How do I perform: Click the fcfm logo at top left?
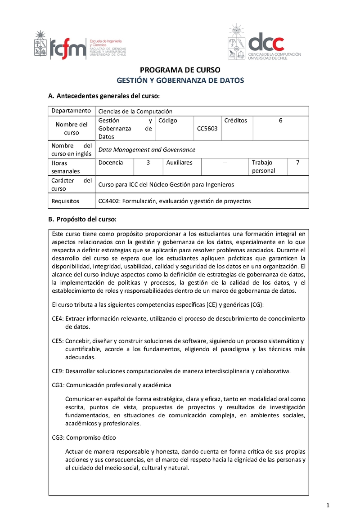(80, 45)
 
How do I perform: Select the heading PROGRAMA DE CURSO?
(180, 70)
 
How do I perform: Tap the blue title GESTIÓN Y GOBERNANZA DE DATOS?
(180, 80)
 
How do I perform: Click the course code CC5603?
(207, 129)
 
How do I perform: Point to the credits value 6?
(280, 121)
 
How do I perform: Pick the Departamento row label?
(71, 111)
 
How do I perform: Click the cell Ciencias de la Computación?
(135, 112)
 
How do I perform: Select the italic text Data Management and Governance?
(147, 150)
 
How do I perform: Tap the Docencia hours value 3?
(148, 162)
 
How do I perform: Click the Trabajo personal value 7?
(297, 162)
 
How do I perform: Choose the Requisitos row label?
(65, 201)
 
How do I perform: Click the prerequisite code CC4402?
(108, 201)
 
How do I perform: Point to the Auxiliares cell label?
(179, 162)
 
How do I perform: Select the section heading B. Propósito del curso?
(82, 219)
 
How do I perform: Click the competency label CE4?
(58, 319)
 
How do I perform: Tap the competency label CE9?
(58, 371)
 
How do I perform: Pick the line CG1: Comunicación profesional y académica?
(112, 385)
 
